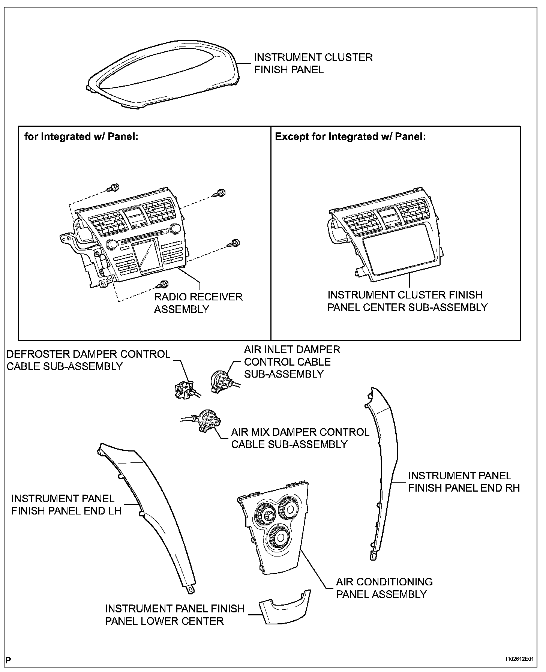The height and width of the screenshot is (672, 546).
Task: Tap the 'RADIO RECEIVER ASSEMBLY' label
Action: click(x=198, y=303)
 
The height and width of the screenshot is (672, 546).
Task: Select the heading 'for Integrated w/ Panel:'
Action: click(x=81, y=136)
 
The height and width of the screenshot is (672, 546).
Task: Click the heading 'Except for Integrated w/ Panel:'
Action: click(x=350, y=136)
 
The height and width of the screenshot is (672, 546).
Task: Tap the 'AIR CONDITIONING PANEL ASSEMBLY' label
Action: click(x=384, y=588)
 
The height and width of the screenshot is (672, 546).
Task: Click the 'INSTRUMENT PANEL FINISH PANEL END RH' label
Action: click(x=463, y=481)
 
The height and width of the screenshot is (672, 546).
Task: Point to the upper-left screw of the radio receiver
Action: click(x=113, y=187)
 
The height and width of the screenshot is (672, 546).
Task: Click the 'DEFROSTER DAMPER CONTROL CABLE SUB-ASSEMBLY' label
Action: click(x=88, y=360)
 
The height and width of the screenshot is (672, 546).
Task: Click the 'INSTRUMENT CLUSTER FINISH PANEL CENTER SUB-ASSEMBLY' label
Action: click(x=407, y=301)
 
